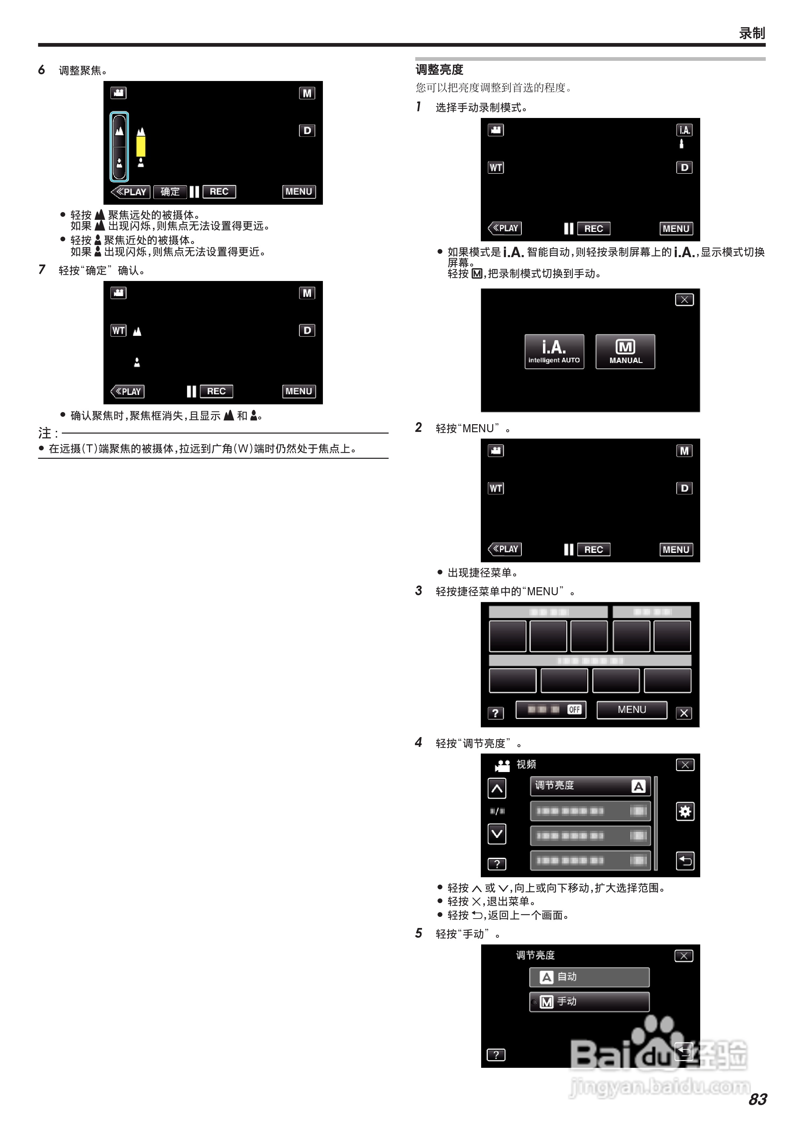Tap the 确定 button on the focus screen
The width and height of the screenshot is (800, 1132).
click(170, 192)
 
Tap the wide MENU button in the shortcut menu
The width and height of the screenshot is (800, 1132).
click(631, 710)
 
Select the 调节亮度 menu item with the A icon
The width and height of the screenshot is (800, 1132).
click(590, 786)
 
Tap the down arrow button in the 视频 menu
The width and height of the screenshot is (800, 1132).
click(497, 834)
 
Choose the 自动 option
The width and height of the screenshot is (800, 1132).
click(589, 977)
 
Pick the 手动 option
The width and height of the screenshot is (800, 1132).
click(589, 1001)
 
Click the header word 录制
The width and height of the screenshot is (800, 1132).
click(752, 33)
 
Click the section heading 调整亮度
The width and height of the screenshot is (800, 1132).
click(439, 70)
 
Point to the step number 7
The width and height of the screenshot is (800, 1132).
click(42, 269)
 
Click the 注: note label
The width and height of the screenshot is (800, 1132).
click(48, 433)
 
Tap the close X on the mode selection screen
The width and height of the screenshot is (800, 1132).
click(684, 300)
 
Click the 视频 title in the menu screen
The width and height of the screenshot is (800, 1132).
click(526, 764)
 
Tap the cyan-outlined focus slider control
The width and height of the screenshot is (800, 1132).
click(119, 147)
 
